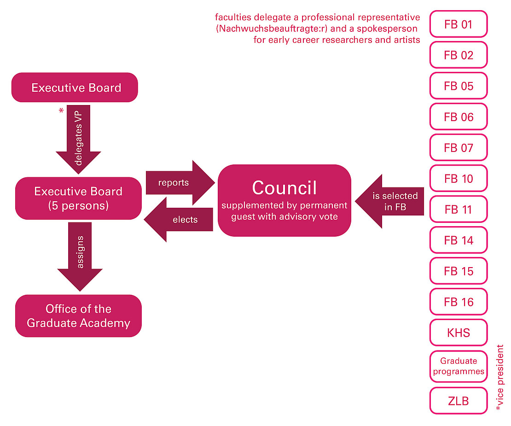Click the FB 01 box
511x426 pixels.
(x=458, y=24)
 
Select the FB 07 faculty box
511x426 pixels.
(x=458, y=148)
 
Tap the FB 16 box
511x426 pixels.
(x=458, y=302)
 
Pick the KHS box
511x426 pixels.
(x=458, y=333)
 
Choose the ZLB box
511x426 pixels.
(x=458, y=401)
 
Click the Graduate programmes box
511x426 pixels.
(x=458, y=367)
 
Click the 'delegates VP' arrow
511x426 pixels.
(x=78, y=138)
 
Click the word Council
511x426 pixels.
(x=285, y=188)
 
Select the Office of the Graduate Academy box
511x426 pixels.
(x=78, y=316)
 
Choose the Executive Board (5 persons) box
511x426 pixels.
(x=78, y=198)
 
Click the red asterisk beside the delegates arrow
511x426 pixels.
(x=61, y=111)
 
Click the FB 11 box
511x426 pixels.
(x=458, y=210)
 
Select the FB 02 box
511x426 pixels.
(x=458, y=55)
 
